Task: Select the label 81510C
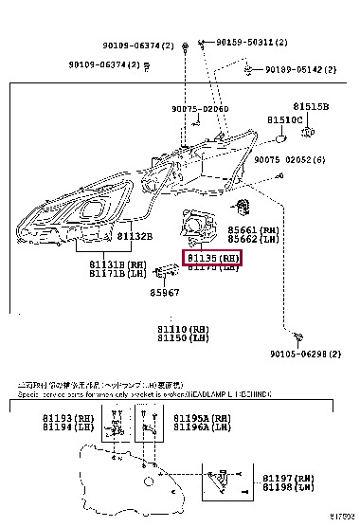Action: click(x=284, y=120)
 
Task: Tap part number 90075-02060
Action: click(x=200, y=109)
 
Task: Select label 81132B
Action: click(x=137, y=235)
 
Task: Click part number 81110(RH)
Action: click(x=183, y=328)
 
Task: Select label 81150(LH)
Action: click(x=183, y=337)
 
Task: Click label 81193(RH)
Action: click(x=60, y=418)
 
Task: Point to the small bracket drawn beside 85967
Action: click(x=166, y=274)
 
